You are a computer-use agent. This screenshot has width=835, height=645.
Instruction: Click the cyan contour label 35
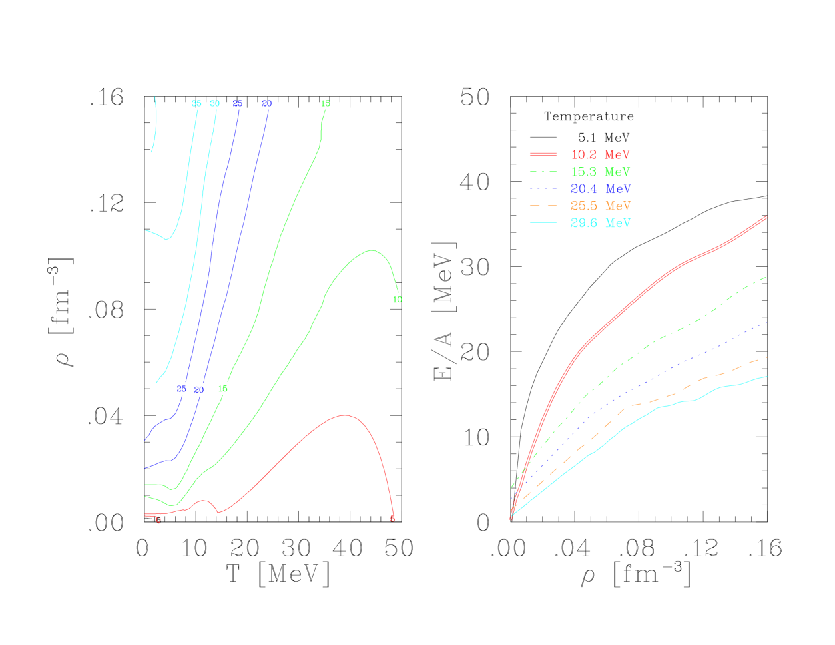click(x=196, y=103)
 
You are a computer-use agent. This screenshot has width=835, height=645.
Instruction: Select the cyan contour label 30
click(x=214, y=103)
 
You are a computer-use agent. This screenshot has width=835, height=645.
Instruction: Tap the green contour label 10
click(x=397, y=300)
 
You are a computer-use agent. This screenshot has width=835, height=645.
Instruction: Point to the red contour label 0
click(x=158, y=519)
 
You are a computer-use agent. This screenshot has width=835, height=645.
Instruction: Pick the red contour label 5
click(x=392, y=519)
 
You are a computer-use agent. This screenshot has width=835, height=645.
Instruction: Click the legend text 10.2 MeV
click(x=600, y=154)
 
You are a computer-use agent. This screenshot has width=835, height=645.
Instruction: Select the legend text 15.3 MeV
click(x=600, y=172)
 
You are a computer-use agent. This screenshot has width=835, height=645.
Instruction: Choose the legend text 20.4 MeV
click(x=600, y=189)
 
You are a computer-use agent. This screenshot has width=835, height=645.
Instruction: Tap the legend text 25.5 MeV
click(x=600, y=206)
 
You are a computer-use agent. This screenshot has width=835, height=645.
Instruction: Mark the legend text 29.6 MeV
click(x=600, y=223)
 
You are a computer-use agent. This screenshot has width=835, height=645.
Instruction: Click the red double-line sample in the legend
click(x=543, y=154)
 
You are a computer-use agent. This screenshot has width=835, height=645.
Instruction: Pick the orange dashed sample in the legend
click(x=543, y=206)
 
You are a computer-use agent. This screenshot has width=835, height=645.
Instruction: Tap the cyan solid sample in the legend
click(x=543, y=223)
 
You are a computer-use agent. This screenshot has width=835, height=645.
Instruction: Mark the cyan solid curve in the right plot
click(x=693, y=400)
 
